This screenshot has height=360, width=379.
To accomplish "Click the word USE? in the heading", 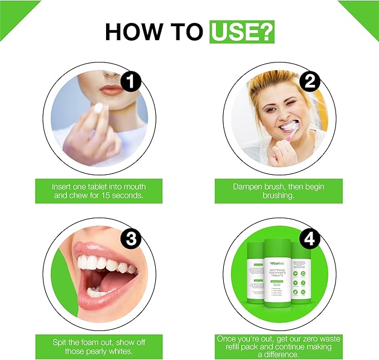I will coord(242,32).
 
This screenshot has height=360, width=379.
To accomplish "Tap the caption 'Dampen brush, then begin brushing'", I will coord(278,191).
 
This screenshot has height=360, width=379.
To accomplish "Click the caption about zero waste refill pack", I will coord(278,347).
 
